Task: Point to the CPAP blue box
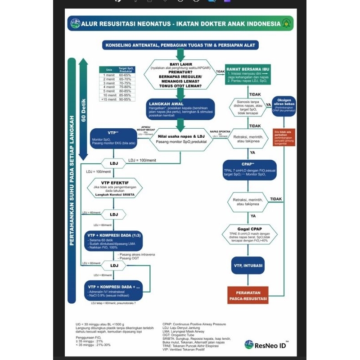[x=249, y=171]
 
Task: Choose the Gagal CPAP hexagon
[x=249, y=234]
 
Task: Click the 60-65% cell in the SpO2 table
[x=124, y=74]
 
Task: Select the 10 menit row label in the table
[x=108, y=95]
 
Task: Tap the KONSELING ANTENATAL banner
[x=180, y=45]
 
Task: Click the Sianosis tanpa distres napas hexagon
[x=249, y=108]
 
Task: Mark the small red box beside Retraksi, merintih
[x=284, y=138]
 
